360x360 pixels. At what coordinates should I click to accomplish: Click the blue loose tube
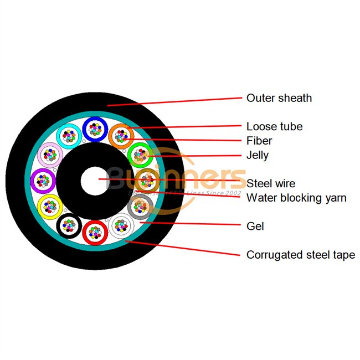(x=94, y=128)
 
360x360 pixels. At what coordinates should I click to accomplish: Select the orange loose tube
(x=120, y=135)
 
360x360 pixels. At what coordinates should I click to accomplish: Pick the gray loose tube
(x=140, y=206)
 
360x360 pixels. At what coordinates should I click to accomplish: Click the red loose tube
(x=94, y=232)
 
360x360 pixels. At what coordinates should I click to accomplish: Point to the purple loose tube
(x=43, y=179)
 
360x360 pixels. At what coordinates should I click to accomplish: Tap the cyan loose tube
(x=68, y=135)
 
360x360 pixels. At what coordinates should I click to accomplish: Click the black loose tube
(x=69, y=225)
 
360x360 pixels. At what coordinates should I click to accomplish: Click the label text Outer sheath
(x=279, y=98)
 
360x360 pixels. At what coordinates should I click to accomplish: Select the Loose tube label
(x=275, y=126)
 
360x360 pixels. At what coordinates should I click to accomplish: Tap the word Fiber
(x=259, y=141)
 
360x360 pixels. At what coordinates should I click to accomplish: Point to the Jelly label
(x=258, y=155)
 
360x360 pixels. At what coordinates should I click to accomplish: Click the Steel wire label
(x=271, y=183)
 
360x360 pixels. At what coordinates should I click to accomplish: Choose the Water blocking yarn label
(x=296, y=198)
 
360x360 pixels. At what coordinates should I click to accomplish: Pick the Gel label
(x=255, y=226)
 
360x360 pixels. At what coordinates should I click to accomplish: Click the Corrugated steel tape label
(x=301, y=255)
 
